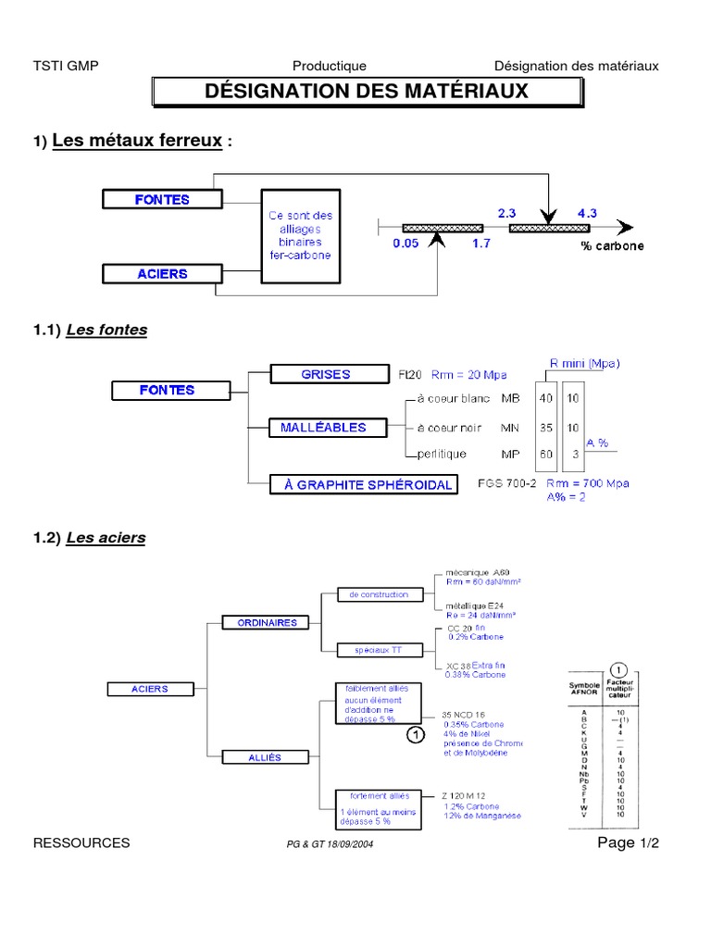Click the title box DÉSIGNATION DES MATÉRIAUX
pyautogui.click(x=368, y=93)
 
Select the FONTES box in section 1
pyautogui.click(x=162, y=199)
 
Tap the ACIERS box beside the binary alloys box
pyautogui.click(x=162, y=273)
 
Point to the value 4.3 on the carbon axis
pyautogui.click(x=587, y=212)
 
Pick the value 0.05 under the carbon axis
pyautogui.click(x=405, y=245)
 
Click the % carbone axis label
pyautogui.click(x=612, y=246)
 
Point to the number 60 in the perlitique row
pyautogui.click(x=547, y=455)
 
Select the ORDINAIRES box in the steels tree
pyautogui.click(x=266, y=623)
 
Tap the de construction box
pyautogui.click(x=373, y=594)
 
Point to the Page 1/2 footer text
pyautogui.click(x=628, y=842)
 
